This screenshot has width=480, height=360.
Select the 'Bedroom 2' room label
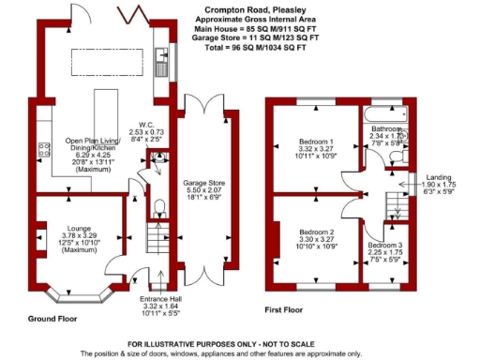316,231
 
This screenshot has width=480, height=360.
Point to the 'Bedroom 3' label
385,244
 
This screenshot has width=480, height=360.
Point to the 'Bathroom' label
385,128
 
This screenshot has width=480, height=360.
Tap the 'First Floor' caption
287,308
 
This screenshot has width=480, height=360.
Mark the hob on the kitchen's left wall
42,147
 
